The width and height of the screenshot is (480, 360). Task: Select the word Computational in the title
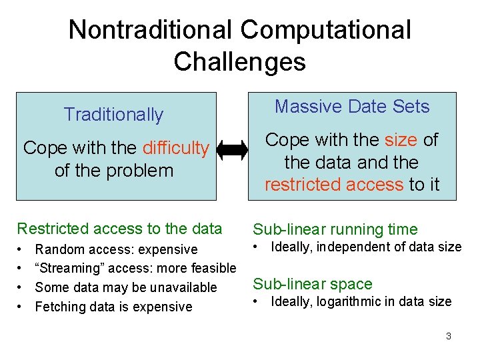click(x=325, y=30)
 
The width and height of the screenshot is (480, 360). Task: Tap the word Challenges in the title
click(x=239, y=62)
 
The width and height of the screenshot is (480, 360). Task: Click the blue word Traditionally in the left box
click(x=113, y=115)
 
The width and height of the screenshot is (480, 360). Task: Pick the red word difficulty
click(x=175, y=148)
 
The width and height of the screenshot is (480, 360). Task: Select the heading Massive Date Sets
click(x=352, y=107)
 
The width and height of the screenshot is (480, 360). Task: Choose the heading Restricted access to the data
click(x=119, y=229)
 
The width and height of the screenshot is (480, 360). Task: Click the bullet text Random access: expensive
click(x=116, y=249)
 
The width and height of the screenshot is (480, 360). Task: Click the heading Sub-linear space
click(x=312, y=284)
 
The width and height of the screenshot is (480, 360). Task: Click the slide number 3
click(x=449, y=336)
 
